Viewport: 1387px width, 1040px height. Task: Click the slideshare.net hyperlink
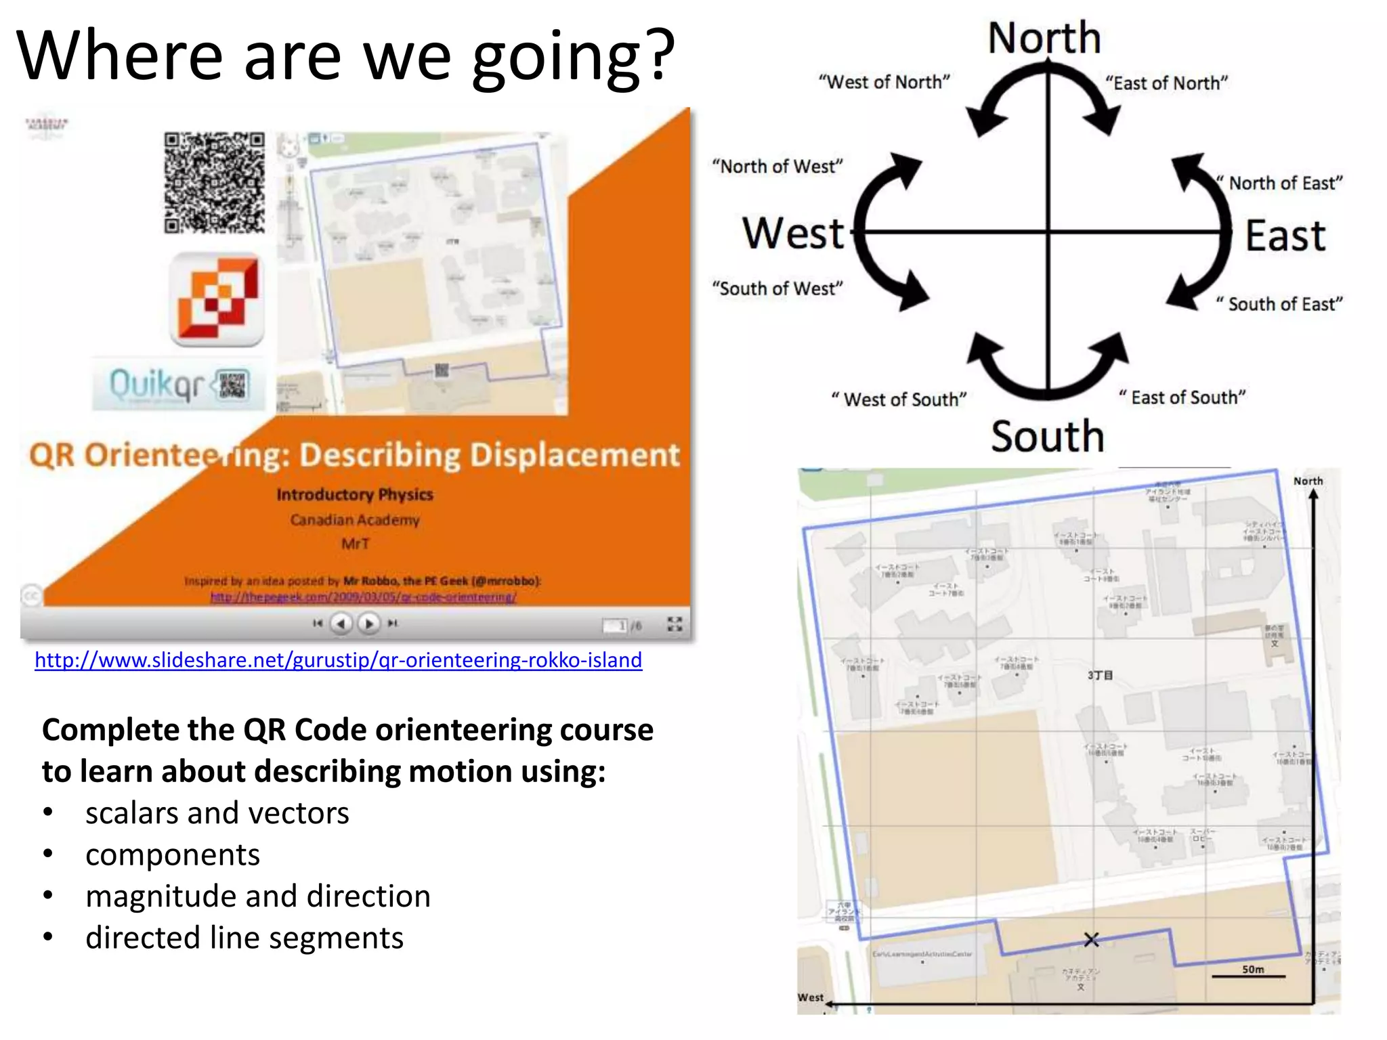338,660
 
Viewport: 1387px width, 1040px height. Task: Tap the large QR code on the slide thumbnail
214,182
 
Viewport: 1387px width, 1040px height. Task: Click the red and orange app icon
217,300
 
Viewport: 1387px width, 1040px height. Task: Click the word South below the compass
1047,436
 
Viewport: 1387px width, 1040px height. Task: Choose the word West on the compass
793,234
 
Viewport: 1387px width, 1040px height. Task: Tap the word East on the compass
1285,236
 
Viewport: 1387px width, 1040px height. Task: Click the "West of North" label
884,83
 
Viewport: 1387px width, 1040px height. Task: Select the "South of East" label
1279,304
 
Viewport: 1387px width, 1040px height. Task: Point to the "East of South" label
1182,397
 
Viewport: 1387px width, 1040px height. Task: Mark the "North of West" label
777,167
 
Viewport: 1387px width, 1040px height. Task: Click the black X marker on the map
1091,940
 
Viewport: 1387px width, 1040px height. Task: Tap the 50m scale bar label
1252,969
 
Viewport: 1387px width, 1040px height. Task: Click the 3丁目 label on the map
1100,675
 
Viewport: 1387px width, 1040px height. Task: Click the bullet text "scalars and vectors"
217,813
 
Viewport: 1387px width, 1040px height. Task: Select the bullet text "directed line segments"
244,938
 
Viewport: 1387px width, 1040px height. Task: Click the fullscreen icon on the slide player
675,624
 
